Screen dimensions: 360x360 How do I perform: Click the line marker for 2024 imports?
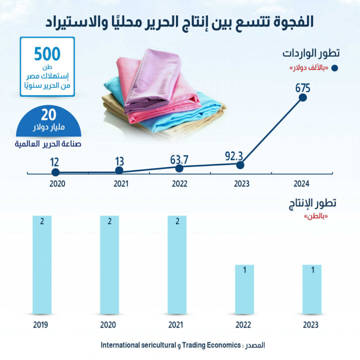click(x=302, y=97)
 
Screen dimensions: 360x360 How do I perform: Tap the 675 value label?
click(x=303, y=88)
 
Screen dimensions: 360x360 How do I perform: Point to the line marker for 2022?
click(x=179, y=168)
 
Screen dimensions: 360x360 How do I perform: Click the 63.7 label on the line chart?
click(x=179, y=159)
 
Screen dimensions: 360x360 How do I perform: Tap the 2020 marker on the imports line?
click(x=55, y=172)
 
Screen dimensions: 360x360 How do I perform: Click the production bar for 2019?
click(x=42, y=265)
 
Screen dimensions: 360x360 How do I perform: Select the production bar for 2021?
click(x=177, y=265)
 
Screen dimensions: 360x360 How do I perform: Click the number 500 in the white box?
click(x=46, y=53)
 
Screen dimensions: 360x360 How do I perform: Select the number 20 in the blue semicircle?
click(x=48, y=114)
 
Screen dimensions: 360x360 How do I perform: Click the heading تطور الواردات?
click(x=309, y=53)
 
